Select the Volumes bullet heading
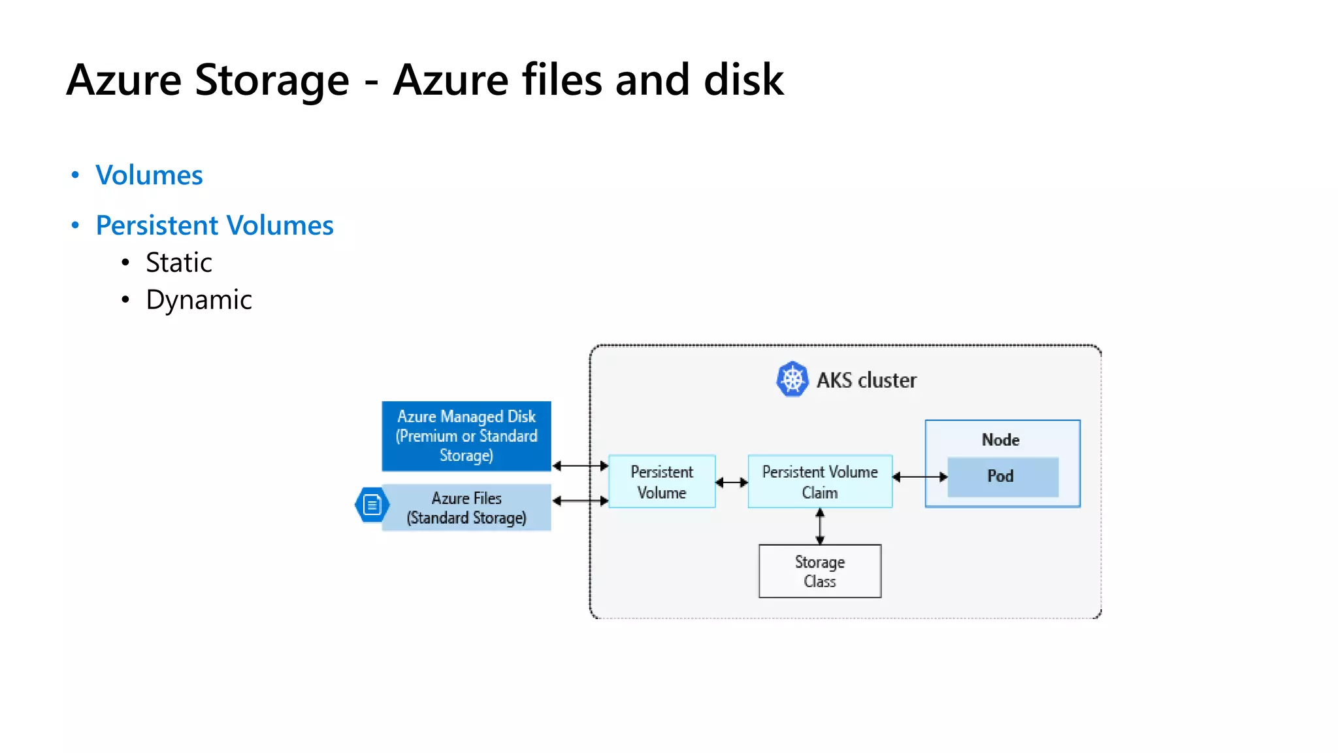click(x=149, y=175)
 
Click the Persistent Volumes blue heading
click(x=214, y=226)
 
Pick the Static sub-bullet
click(x=178, y=263)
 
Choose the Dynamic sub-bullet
click(x=199, y=300)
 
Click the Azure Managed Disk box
click(x=466, y=436)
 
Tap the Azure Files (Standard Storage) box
click(x=466, y=508)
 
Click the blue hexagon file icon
click(x=372, y=505)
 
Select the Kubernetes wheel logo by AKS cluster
click(x=792, y=379)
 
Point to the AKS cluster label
click(x=866, y=380)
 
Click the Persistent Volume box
click(x=662, y=482)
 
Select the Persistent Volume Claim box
click(x=820, y=482)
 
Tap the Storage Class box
click(x=820, y=571)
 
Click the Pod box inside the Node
click(x=1002, y=477)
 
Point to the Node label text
click(x=1000, y=440)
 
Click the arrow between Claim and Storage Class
click(x=820, y=526)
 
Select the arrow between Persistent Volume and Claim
click(x=732, y=482)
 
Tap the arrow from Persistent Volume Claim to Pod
click(x=920, y=477)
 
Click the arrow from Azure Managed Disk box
click(x=580, y=466)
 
